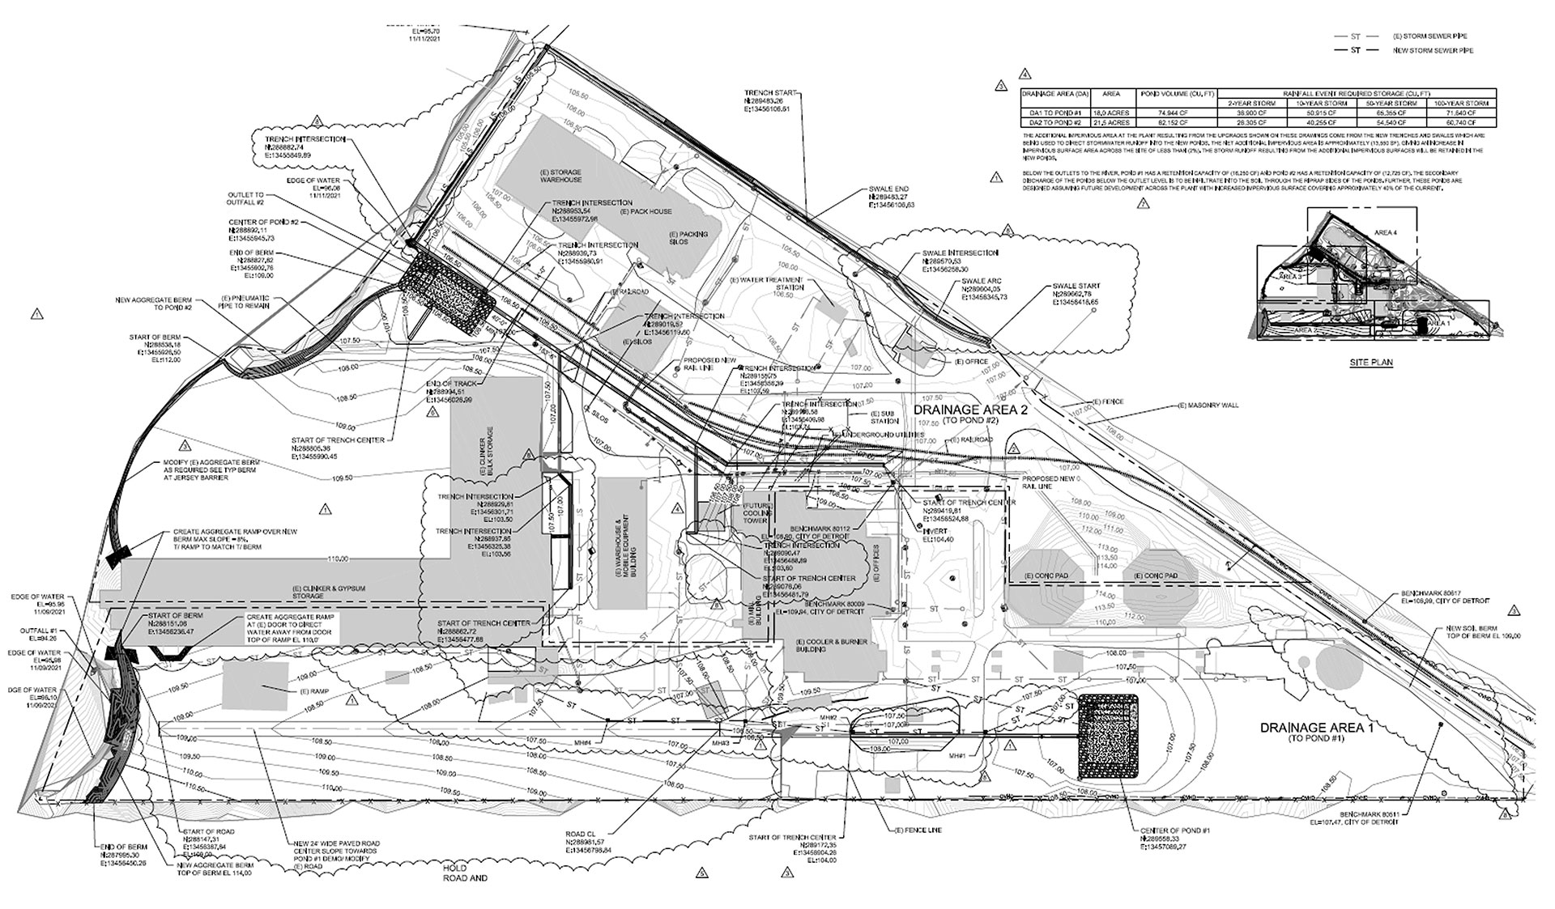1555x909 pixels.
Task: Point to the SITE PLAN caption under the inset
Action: click(1371, 363)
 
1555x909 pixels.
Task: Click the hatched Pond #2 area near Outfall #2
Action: click(447, 288)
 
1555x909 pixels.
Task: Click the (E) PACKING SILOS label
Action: click(688, 240)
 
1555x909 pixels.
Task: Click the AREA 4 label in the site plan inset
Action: click(1386, 233)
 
